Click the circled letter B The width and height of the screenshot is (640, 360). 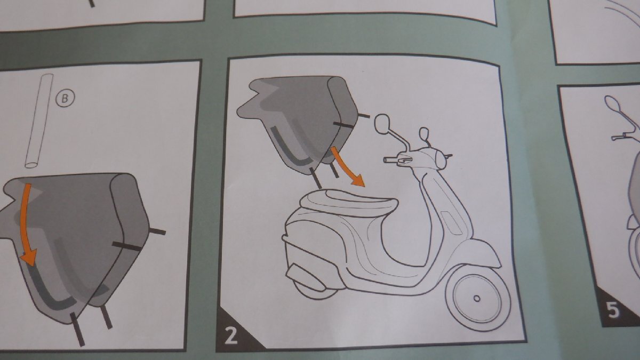pos(65,98)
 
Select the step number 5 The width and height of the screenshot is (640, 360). pos(613,310)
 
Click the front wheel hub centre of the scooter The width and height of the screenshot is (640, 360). pos(477,299)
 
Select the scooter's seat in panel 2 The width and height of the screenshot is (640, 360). pos(349,202)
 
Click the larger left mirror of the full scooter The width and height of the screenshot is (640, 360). pos(382,124)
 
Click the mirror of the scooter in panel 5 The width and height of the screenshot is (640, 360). pos(611,103)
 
